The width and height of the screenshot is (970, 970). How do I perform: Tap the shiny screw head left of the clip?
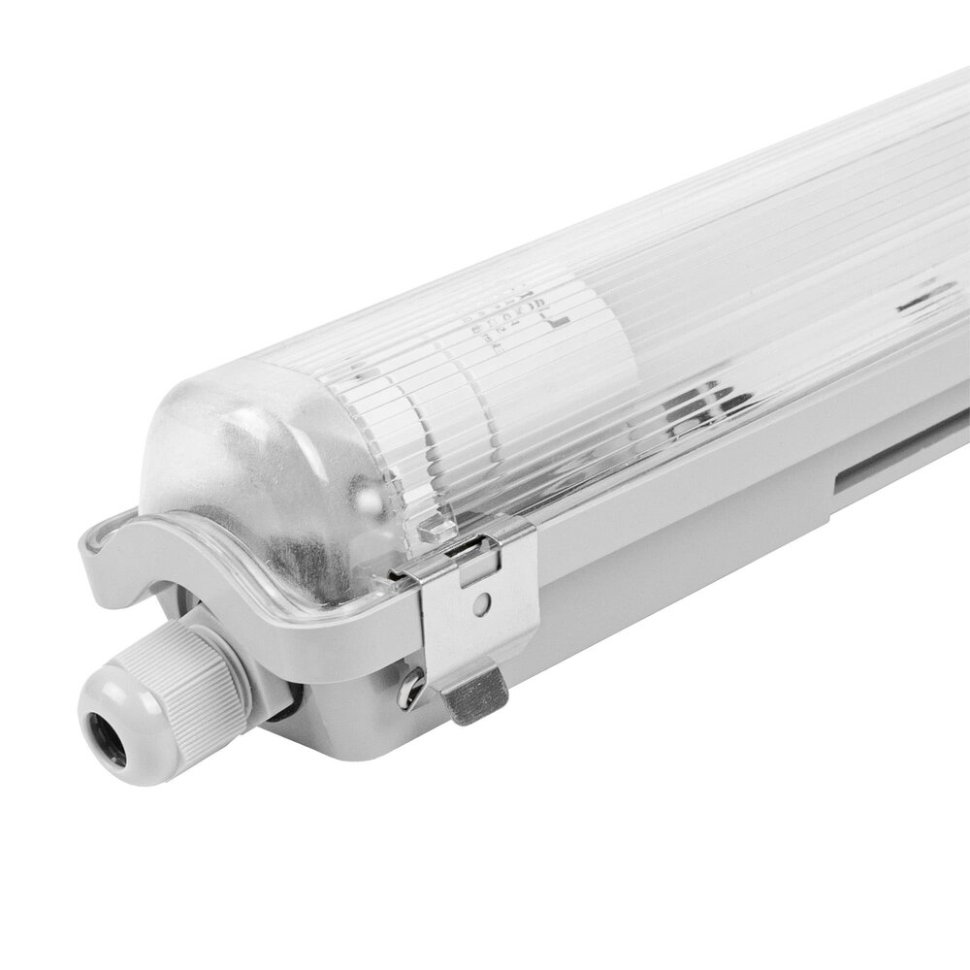click(408, 689)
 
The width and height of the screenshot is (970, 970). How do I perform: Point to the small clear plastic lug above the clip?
click(434, 529)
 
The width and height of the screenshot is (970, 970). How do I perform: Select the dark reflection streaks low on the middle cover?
click(708, 403)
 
